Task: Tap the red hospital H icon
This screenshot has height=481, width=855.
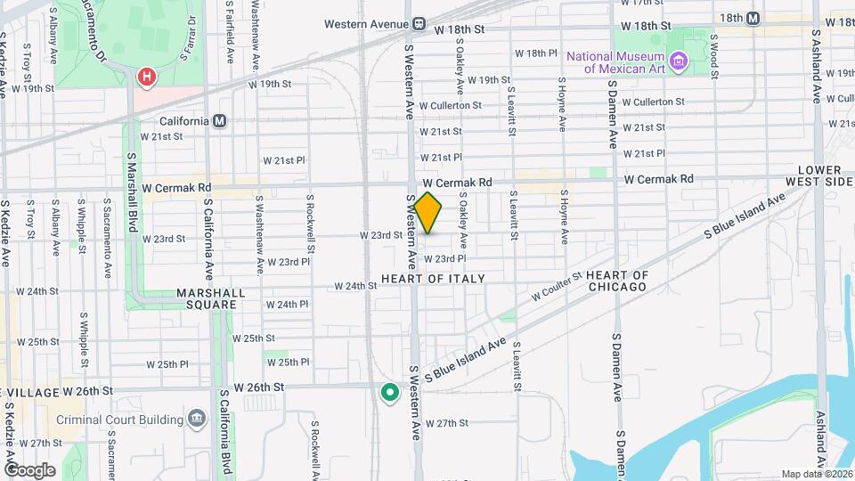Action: point(145,78)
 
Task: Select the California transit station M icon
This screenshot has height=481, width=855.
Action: point(220,121)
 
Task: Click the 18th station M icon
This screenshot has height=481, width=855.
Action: point(753,18)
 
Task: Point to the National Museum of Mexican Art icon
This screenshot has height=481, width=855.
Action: point(680,61)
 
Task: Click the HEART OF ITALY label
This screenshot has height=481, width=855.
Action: point(433,279)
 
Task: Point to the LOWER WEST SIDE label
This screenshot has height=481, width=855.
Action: point(826,175)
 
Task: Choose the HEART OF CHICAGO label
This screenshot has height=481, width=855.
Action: point(617,281)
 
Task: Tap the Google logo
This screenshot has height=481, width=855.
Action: point(30,469)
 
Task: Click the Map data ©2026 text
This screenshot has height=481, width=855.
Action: point(816,474)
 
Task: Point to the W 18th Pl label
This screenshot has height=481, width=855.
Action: point(535,53)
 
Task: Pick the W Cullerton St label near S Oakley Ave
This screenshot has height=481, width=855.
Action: point(450,105)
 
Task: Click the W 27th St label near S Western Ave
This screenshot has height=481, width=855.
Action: point(446,423)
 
